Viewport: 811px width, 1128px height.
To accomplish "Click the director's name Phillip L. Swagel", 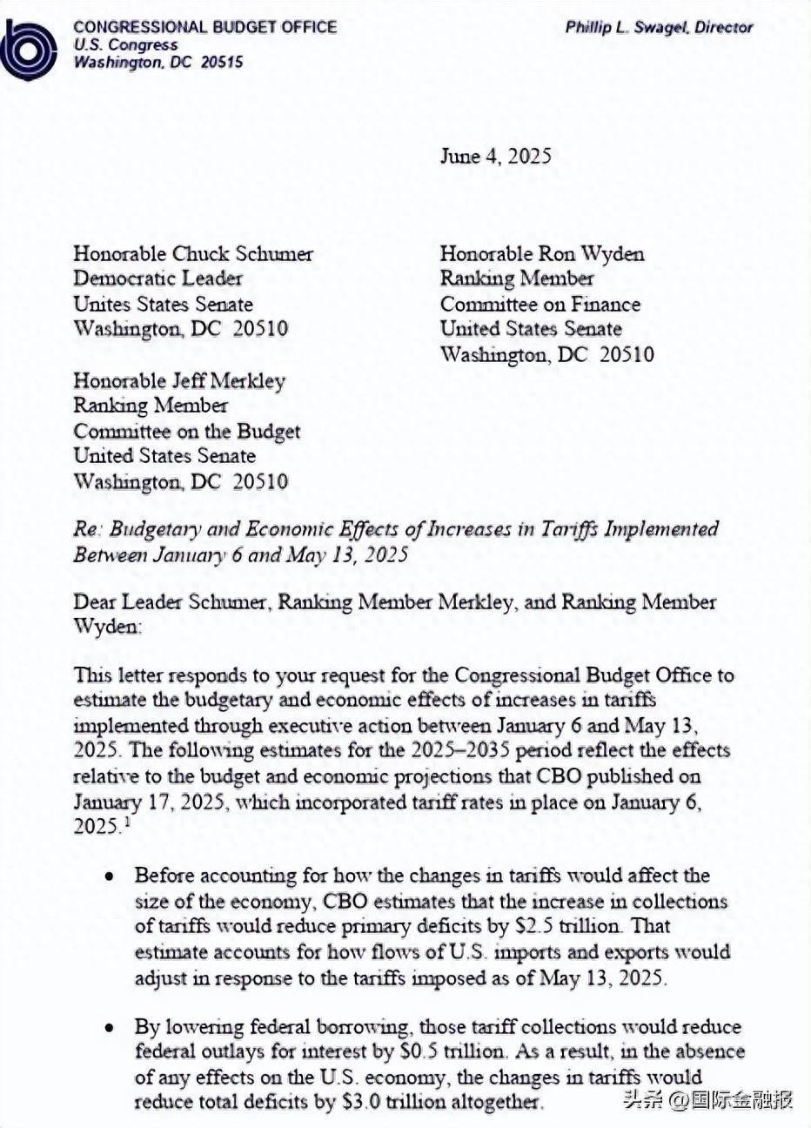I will click(626, 27).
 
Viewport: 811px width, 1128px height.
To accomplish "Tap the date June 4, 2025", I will click(495, 157).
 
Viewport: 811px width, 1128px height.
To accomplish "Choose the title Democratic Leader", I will click(158, 279).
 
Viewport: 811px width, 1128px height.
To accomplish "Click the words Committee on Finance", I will click(540, 305).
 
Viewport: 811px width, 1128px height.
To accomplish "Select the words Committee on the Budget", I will click(186, 431).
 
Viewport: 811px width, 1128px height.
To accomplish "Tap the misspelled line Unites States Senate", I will click(163, 305).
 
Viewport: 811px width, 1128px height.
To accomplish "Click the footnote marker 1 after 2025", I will click(127, 822).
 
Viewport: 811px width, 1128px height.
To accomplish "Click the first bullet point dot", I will click(110, 876).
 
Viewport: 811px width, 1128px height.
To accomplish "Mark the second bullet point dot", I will click(110, 1028).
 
